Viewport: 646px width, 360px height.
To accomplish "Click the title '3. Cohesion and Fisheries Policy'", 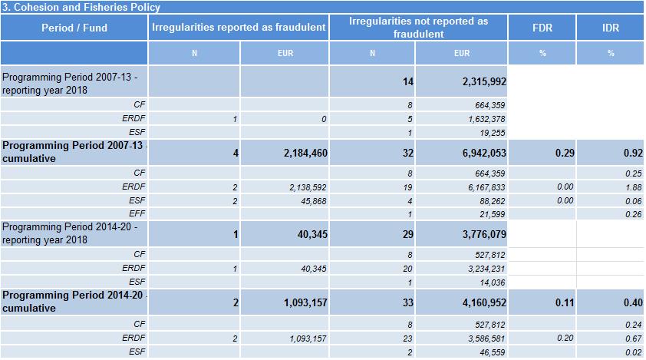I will point(81,7).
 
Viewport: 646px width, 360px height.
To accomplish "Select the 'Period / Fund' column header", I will point(74,28).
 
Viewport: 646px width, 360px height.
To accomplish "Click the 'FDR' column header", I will point(542,28).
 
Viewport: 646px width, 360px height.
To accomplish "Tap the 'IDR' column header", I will point(611,28).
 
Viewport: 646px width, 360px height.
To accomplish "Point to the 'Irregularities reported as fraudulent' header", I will point(239,28).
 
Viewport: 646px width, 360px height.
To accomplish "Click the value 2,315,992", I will point(484,81).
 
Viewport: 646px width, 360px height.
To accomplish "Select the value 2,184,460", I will point(301,154).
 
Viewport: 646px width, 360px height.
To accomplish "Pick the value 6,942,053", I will point(484,154).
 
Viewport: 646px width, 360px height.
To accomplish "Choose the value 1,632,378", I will point(486,119).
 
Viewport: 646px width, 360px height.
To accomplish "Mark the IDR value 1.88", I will point(633,187).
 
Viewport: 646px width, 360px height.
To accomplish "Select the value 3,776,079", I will point(484,233).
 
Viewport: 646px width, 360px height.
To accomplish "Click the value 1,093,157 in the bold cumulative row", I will point(301,302).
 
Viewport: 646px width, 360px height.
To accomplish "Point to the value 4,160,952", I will point(484,302).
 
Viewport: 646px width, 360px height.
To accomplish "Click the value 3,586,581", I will point(486,338).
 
